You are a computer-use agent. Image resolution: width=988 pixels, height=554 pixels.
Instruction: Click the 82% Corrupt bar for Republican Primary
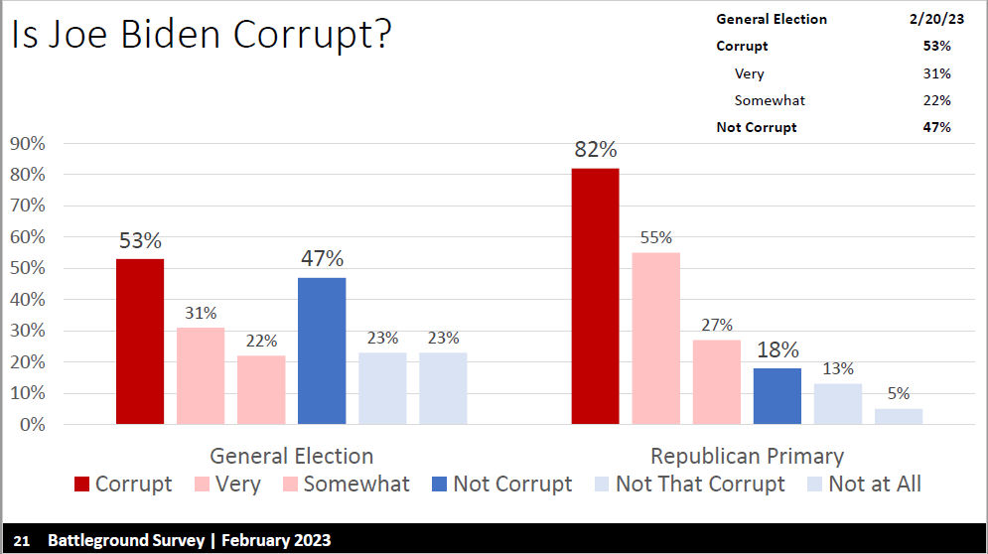[x=595, y=296]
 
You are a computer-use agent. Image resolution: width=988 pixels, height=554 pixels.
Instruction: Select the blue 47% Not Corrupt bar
[x=322, y=350]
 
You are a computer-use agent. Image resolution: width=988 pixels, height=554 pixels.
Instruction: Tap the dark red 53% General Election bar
[x=140, y=342]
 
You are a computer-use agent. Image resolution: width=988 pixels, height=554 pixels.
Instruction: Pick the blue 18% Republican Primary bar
[x=777, y=396]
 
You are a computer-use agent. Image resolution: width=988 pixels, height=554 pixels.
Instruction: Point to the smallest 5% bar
[x=899, y=417]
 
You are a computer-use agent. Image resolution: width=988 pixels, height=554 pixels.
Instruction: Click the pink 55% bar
[x=655, y=339]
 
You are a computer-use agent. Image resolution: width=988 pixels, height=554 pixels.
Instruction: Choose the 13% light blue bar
[x=838, y=404]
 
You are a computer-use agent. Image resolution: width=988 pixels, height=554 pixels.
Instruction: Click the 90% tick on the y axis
[x=28, y=143]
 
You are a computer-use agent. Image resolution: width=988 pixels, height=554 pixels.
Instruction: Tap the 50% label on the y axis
[x=28, y=268]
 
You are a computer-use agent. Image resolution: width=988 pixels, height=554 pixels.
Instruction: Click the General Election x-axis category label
[x=292, y=457]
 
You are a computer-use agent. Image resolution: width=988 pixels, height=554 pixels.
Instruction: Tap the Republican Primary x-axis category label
[x=747, y=457]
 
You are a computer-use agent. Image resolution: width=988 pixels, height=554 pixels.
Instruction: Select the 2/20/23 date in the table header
[x=929, y=19]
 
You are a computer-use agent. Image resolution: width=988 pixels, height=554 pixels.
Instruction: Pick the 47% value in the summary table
[x=936, y=127]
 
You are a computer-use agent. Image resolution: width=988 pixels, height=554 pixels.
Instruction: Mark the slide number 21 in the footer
[x=22, y=541]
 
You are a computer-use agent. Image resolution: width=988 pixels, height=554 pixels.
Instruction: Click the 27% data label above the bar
[x=716, y=325]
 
